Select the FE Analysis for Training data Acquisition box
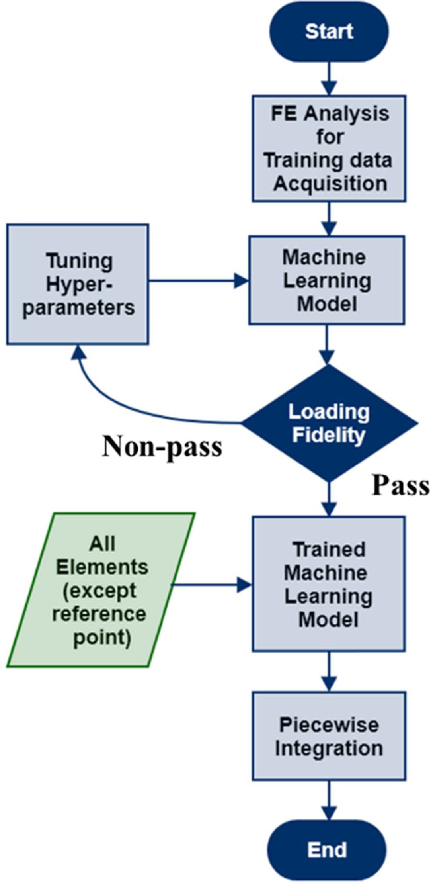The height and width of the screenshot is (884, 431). pyautogui.click(x=329, y=148)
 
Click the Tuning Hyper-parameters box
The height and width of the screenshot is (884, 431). pyautogui.click(x=78, y=284)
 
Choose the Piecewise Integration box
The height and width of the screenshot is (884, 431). pyautogui.click(x=329, y=736)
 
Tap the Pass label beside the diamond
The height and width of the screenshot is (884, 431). pyautogui.click(x=400, y=485)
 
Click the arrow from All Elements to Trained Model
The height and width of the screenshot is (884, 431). pyautogui.click(x=211, y=585)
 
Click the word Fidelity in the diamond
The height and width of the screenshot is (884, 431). pyautogui.click(x=329, y=435)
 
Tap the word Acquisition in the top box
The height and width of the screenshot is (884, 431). pyautogui.click(x=330, y=184)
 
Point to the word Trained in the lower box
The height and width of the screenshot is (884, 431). pyautogui.click(x=329, y=550)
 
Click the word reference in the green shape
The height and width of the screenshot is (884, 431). pyautogui.click(x=99, y=614)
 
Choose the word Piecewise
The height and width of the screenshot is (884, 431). pyautogui.click(x=329, y=724)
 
